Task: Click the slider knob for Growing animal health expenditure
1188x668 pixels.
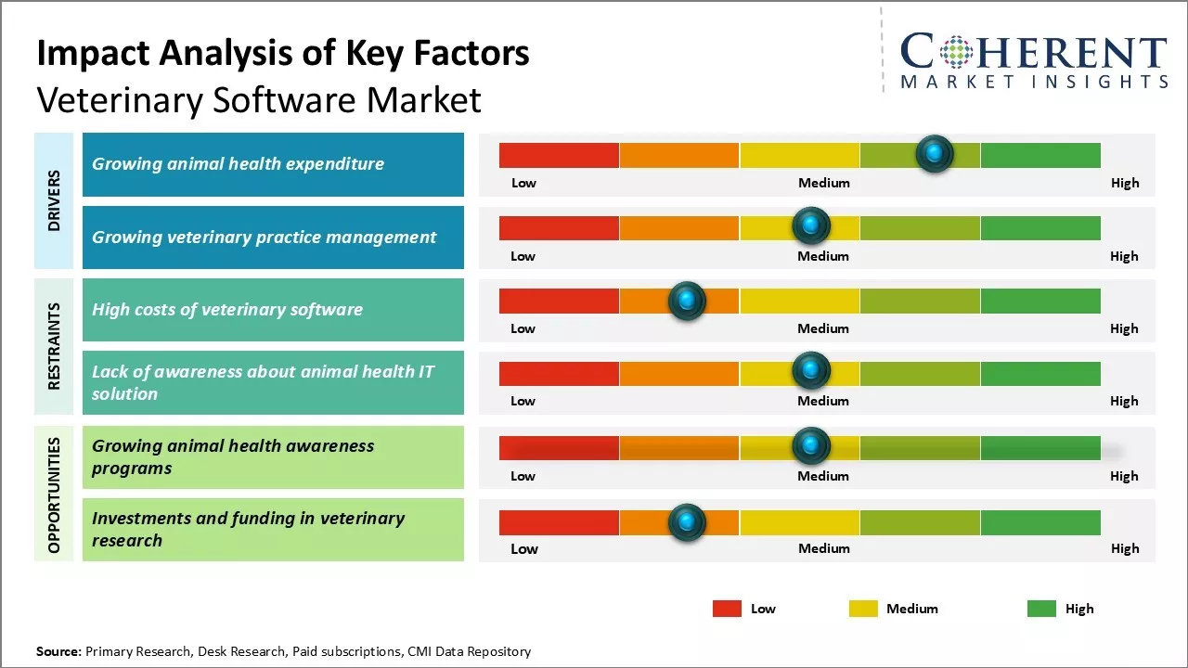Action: coord(935,153)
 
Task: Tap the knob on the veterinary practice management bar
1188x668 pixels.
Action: coord(811,225)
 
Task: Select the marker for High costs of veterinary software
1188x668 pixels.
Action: coord(687,301)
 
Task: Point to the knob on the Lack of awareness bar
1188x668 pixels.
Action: coord(811,371)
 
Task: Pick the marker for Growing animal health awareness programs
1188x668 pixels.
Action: coord(811,446)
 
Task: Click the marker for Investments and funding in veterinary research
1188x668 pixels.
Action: coord(687,522)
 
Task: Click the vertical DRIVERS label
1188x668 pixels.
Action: coord(54,200)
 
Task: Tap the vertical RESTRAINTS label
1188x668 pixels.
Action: coord(54,346)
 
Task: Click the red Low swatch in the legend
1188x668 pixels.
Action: coord(727,609)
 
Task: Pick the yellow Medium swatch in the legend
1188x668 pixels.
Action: coord(863,609)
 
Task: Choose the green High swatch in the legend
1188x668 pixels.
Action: coord(1041,609)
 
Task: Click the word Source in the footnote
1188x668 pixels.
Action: coord(58,651)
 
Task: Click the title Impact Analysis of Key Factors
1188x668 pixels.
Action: coord(282,53)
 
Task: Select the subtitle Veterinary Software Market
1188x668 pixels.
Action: coord(259,99)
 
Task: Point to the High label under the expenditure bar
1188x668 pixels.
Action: coord(1125,183)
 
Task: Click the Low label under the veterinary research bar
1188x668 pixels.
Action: coord(524,548)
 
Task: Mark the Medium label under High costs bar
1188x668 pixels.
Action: coord(823,328)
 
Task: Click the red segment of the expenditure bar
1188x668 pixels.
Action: coord(559,155)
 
